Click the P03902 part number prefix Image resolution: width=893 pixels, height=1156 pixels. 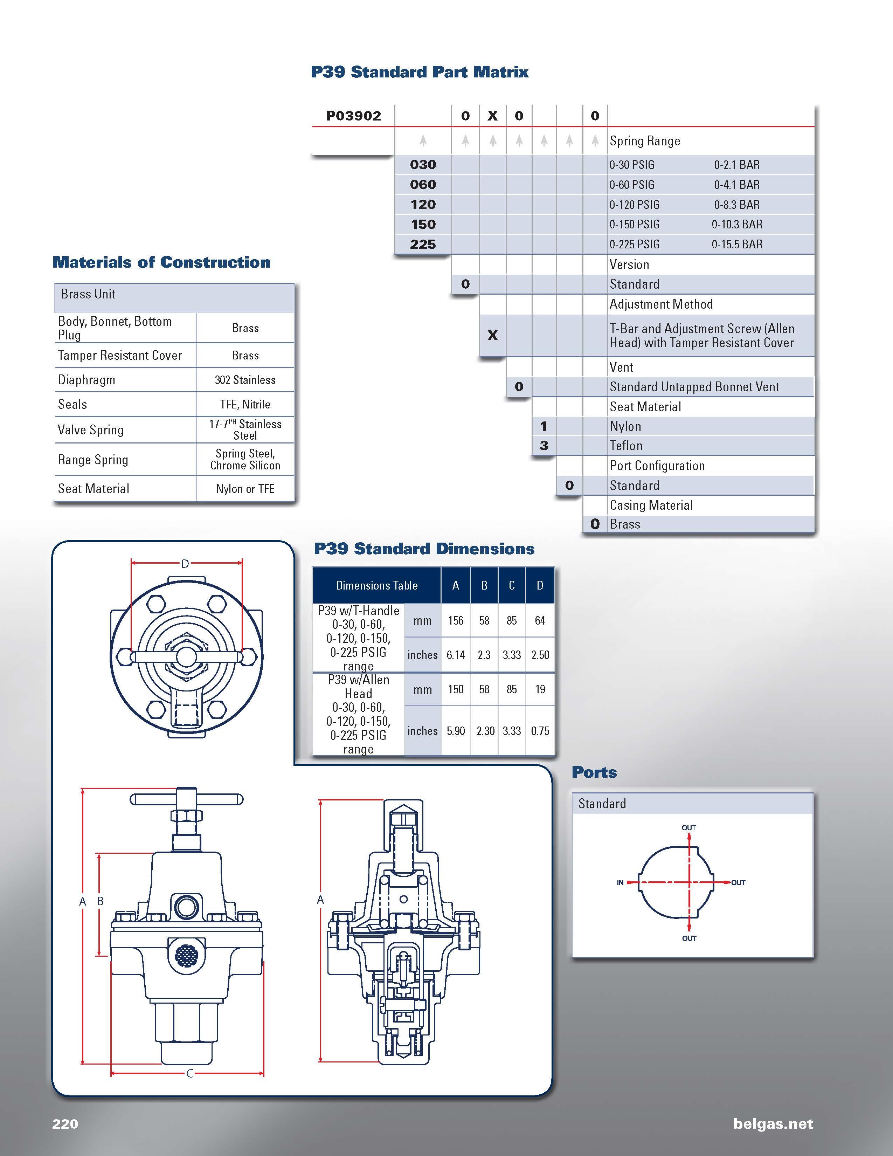(x=353, y=116)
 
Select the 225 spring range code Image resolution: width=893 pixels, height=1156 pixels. (x=423, y=245)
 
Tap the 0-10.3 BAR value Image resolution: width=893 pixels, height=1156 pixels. (x=737, y=225)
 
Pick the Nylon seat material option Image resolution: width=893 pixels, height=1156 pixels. (x=625, y=427)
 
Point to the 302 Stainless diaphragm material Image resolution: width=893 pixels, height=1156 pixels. (x=245, y=380)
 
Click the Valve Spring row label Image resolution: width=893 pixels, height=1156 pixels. (x=90, y=430)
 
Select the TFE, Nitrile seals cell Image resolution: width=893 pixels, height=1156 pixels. (x=245, y=404)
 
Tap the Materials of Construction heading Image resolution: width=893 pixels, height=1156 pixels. (x=161, y=262)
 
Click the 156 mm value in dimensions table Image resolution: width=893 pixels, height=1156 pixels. (x=456, y=620)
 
